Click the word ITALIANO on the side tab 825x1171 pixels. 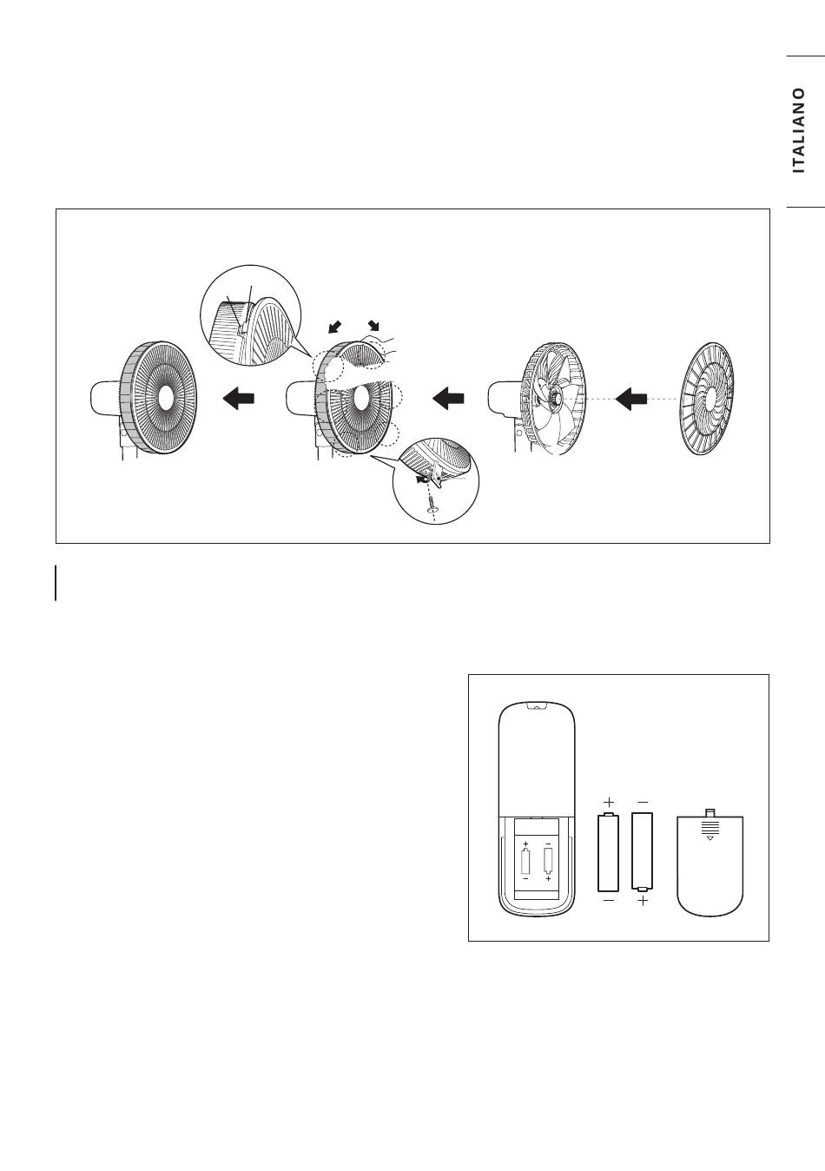[x=799, y=130]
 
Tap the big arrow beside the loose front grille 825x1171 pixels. [x=631, y=399]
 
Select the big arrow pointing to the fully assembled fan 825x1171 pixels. [x=239, y=399]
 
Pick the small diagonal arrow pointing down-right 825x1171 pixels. [x=374, y=325]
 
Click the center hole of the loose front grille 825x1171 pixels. [x=709, y=400]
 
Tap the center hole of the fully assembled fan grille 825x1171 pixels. [x=163, y=400]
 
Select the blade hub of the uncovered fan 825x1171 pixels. [x=556, y=399]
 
